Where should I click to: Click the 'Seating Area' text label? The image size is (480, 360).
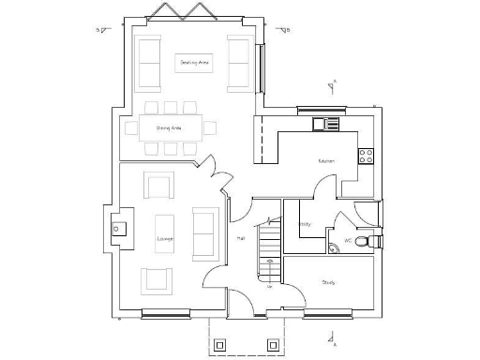[x=194, y=62]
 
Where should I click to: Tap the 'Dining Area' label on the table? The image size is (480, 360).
[x=169, y=127]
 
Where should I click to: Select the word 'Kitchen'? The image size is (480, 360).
[x=325, y=161]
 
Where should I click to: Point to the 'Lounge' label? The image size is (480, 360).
[x=165, y=239]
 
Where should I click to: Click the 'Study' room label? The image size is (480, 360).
[x=328, y=281]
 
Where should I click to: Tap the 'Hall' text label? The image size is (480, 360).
[x=241, y=238]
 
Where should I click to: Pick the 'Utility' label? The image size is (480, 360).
[x=305, y=224]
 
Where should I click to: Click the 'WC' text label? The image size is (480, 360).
[x=348, y=240]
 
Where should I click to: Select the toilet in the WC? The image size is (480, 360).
[x=374, y=241]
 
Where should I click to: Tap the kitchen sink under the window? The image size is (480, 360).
[x=325, y=123]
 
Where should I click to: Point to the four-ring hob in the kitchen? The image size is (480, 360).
[x=366, y=155]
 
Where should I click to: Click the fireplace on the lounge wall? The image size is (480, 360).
[x=116, y=227]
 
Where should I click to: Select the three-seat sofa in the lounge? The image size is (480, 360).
[x=204, y=232]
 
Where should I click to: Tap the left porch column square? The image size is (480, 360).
[x=220, y=345]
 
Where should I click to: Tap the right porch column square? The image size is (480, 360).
[x=273, y=345]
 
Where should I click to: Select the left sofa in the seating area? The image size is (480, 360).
[x=149, y=62]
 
